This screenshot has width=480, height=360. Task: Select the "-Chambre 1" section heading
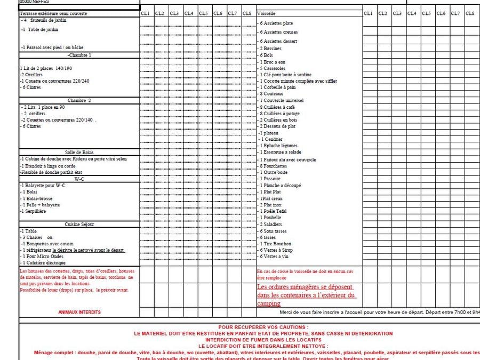pos(79,55)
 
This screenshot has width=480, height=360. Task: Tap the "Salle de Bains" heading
pos(79,153)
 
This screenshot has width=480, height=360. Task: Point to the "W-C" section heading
pos(79,179)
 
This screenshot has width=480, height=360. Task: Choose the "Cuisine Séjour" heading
pos(79,225)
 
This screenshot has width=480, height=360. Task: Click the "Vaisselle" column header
pos(266,13)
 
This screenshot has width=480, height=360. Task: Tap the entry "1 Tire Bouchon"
pos(275,244)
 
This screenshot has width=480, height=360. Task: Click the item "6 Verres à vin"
pos(274,257)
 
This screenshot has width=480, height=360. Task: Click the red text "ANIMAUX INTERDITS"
pos(78,312)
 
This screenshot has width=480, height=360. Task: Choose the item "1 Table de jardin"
pos(41,29)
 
